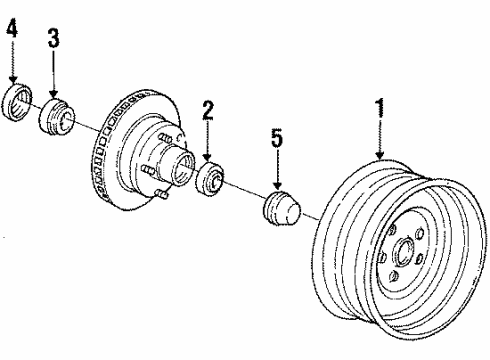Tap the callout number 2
coord(207,110)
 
